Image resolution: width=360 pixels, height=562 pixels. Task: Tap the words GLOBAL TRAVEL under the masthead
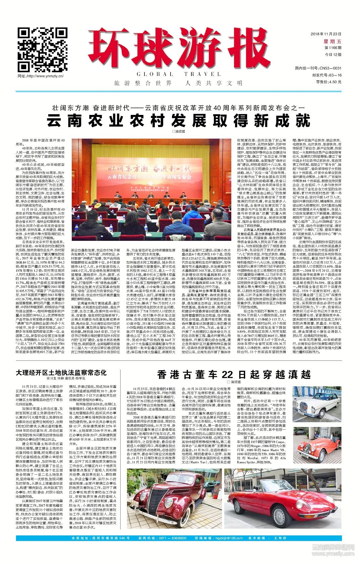[179, 74]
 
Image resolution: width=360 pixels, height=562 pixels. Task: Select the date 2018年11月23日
[326, 34]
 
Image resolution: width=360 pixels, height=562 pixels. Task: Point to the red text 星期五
[332, 41]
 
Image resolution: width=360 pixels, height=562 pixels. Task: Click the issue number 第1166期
[332, 48]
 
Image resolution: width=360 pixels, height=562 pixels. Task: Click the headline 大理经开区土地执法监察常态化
[61, 373]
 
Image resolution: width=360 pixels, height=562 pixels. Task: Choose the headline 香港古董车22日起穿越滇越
[234, 374]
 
